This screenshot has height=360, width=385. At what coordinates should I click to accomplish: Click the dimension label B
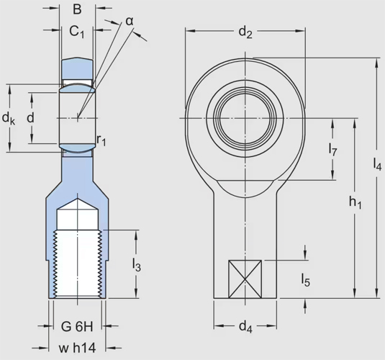(x=77, y=11)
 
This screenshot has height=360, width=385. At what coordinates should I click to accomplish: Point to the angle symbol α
(x=130, y=20)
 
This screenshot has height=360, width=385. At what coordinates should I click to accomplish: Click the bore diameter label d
(x=30, y=117)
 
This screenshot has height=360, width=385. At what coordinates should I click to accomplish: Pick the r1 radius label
(x=101, y=140)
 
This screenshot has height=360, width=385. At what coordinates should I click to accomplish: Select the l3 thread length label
(x=137, y=266)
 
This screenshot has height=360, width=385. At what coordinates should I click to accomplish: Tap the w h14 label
(x=77, y=348)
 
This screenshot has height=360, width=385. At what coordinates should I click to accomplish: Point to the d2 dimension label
(x=245, y=32)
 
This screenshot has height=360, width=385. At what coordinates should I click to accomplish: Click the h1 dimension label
(x=355, y=204)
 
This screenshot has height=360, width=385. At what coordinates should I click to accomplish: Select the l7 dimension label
(x=332, y=149)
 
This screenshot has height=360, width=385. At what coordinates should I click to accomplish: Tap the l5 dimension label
(x=307, y=281)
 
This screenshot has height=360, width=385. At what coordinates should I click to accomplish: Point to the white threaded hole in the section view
(x=77, y=263)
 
